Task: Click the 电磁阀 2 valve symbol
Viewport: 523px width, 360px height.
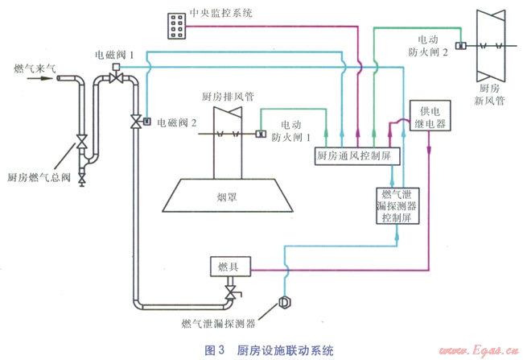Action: (135, 122)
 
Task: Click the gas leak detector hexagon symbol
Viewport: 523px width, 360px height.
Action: (283, 302)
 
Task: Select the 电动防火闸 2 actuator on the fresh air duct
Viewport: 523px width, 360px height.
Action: (463, 45)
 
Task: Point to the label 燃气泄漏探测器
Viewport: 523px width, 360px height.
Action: (218, 325)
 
